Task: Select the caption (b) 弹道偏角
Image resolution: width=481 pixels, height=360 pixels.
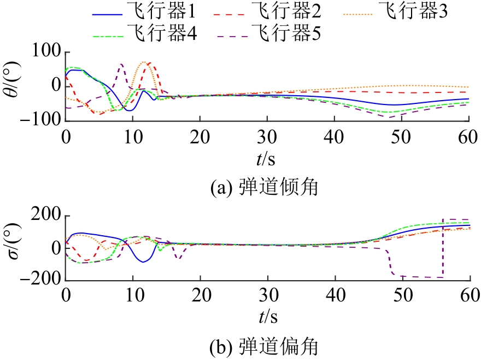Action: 265,346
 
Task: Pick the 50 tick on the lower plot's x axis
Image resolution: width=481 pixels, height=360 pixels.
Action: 403,294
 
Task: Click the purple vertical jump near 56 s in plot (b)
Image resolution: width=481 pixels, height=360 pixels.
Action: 443,249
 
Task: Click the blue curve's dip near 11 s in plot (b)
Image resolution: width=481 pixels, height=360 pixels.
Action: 143,262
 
